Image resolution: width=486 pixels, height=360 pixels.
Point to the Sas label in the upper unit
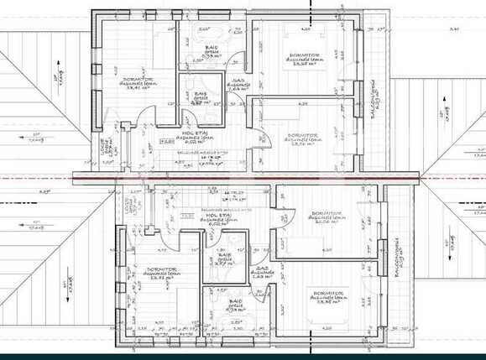tap(238, 85)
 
